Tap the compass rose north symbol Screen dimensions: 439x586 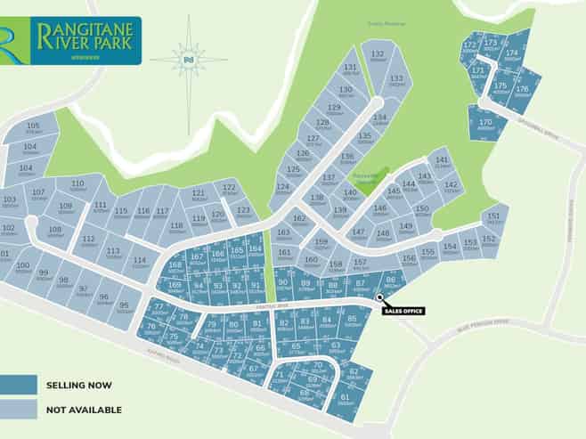pos(188,59)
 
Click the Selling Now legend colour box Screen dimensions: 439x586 pos(18,385)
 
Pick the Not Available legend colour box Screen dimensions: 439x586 pos(18,410)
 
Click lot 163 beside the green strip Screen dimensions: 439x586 pos(283,235)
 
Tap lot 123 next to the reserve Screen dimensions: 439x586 pos(242,212)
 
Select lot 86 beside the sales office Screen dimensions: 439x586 pos(389,283)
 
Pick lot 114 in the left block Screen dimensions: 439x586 pos(140,263)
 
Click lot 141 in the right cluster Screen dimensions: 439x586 pos(442,161)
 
